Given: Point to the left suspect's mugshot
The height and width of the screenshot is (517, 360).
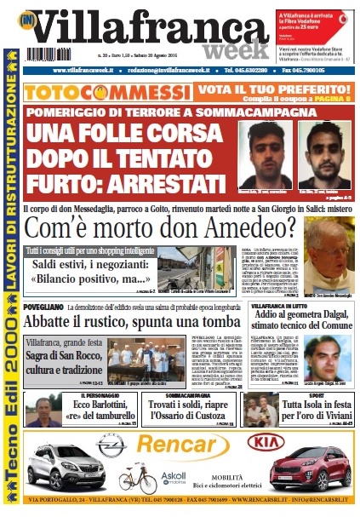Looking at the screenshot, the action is [x=264, y=154].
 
